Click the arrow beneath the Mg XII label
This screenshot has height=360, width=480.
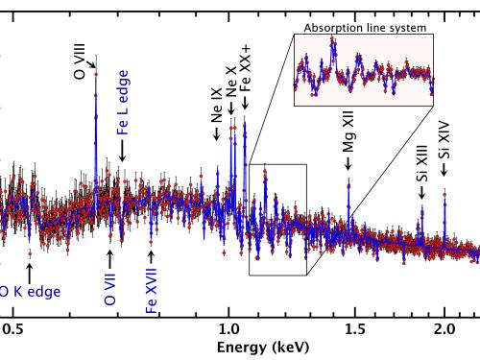click(x=348, y=165)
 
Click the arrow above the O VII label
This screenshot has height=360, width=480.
click(x=110, y=258)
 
